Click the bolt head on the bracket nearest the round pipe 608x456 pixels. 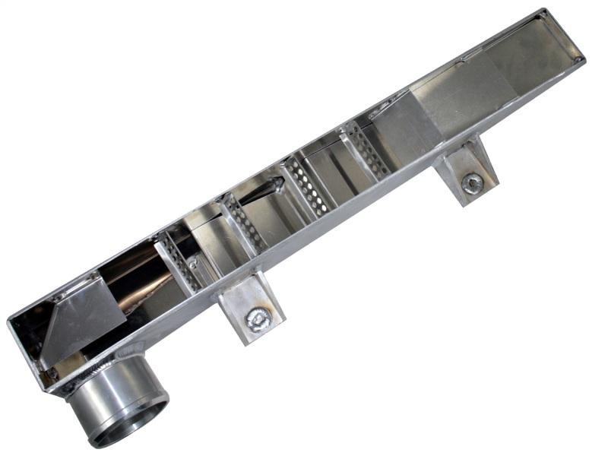pyautogui.click(x=258, y=319)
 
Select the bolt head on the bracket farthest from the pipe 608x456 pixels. pyautogui.click(x=472, y=182)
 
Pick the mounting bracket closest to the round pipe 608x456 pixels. pyautogui.click(x=250, y=304)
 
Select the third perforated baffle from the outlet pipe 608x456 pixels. pyautogui.click(x=309, y=186)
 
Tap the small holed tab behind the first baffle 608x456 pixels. pyautogui.click(x=194, y=263)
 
